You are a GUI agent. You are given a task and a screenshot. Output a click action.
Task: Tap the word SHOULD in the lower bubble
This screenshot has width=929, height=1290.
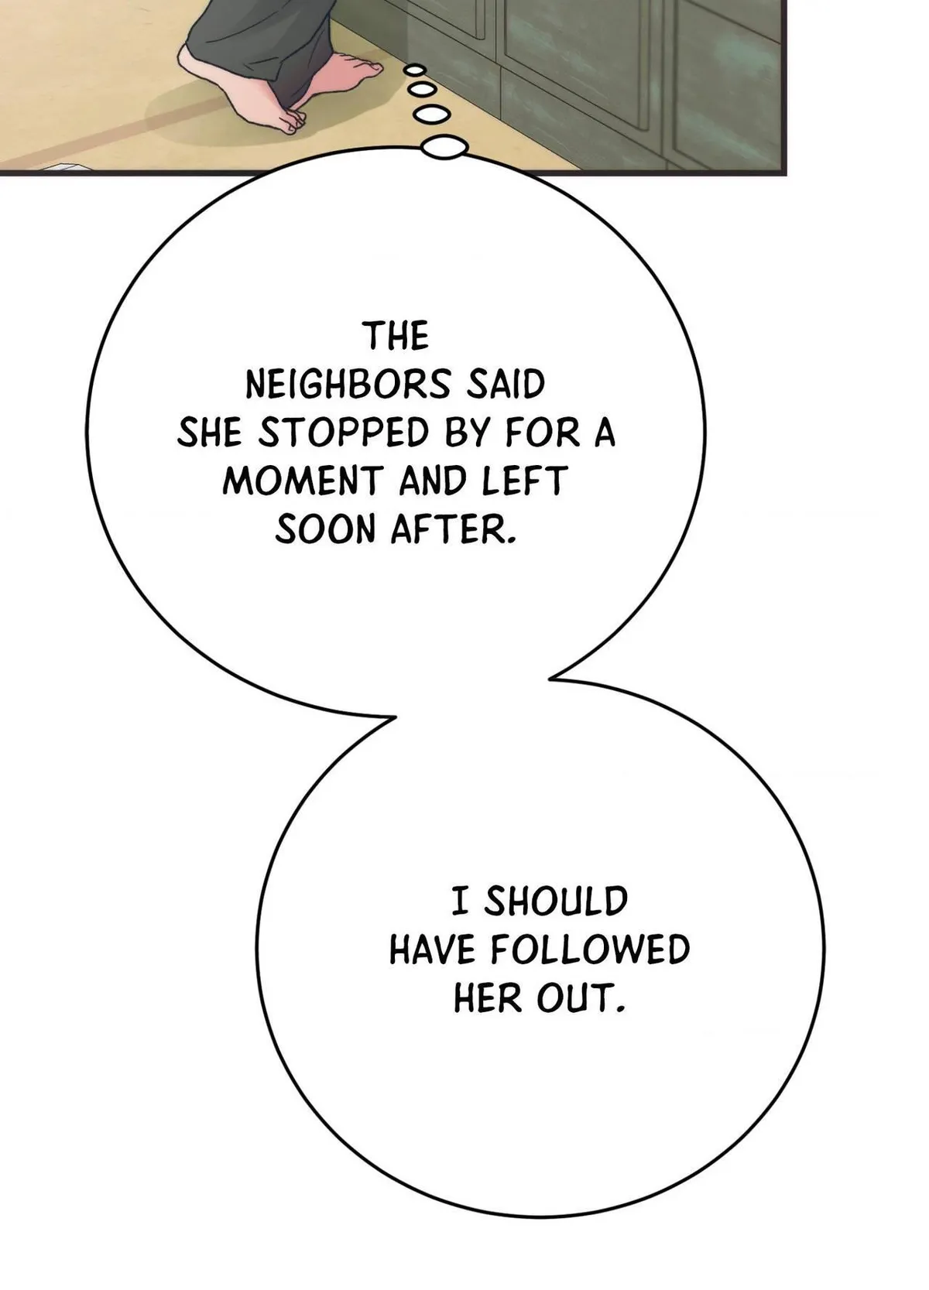click(x=555, y=902)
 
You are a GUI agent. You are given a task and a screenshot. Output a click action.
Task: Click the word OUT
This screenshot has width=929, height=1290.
click(x=581, y=997)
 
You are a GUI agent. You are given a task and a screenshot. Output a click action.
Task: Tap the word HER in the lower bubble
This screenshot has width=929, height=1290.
click(x=488, y=997)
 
